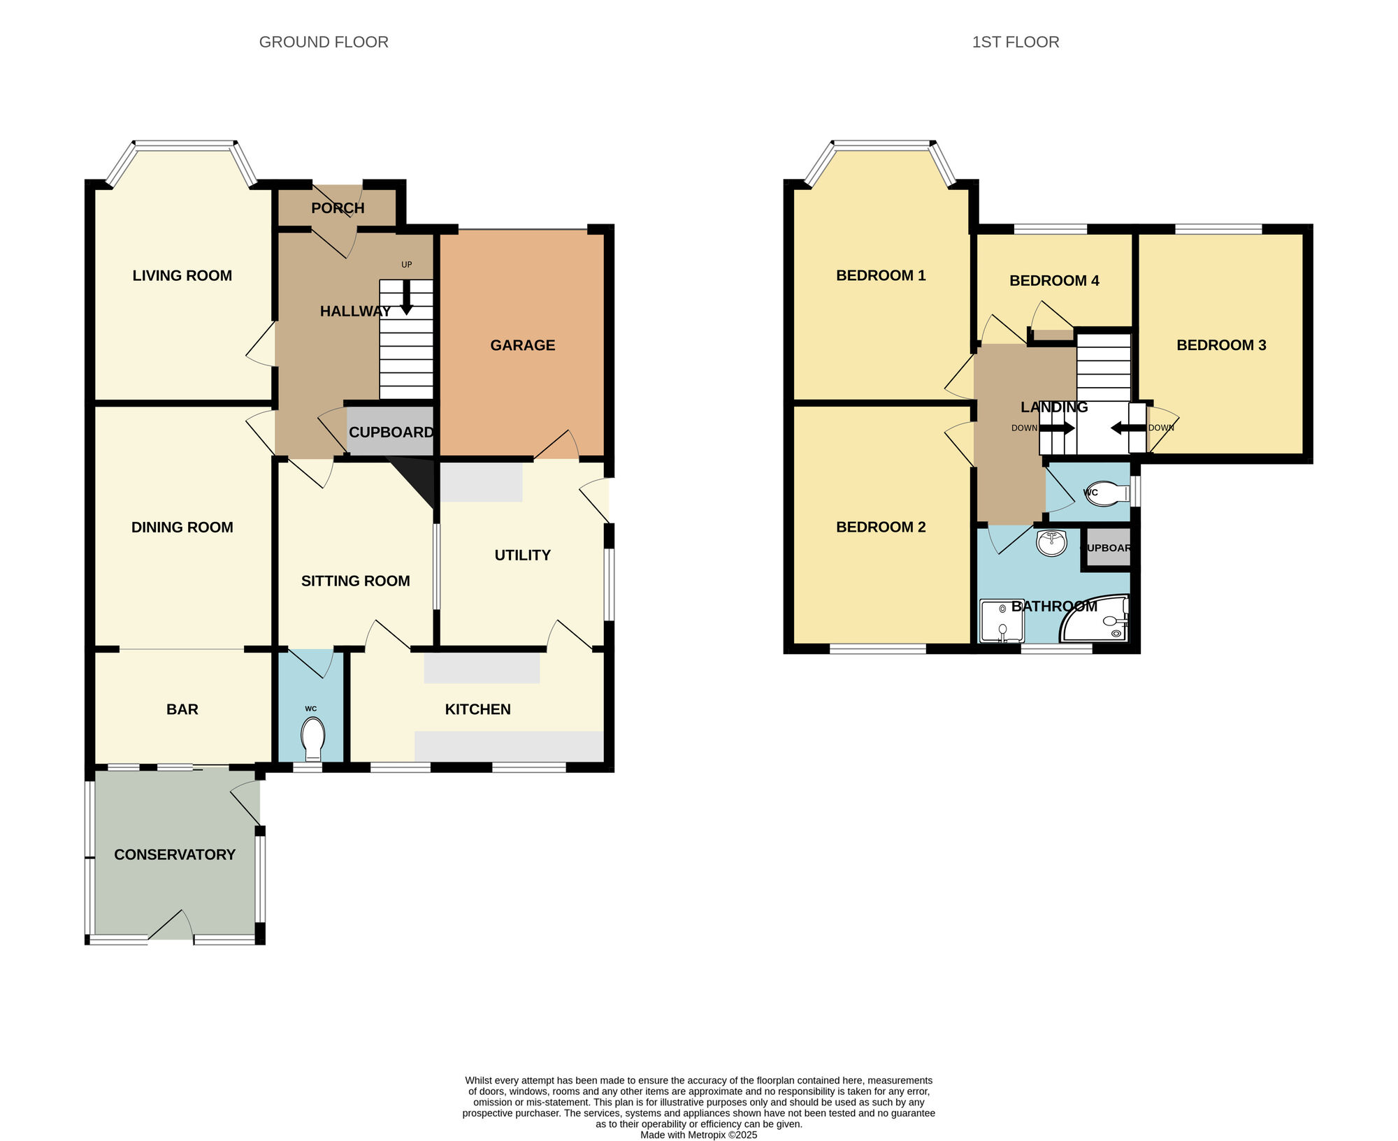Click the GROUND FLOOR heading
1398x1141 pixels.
coord(324,42)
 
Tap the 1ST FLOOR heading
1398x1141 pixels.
coord(1015,42)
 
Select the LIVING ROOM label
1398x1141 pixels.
coord(182,275)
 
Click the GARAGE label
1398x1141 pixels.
coord(522,345)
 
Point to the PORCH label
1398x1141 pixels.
coord(338,208)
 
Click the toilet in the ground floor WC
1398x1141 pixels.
coord(312,738)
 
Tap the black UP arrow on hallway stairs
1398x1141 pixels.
coord(406,297)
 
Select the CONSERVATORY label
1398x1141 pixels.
coord(175,855)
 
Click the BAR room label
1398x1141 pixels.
coord(182,709)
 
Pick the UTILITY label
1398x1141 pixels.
coord(522,555)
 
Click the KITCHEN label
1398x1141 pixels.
coord(477,709)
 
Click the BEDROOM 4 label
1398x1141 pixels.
coord(1054,281)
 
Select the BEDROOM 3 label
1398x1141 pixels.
coord(1221,345)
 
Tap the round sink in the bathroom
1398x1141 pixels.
coord(1051,542)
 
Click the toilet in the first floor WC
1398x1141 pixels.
coord(1109,493)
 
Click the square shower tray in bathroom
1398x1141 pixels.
coord(1002,620)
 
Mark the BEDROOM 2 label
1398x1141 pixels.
coord(881,528)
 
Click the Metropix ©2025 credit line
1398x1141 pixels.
coord(698,1135)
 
